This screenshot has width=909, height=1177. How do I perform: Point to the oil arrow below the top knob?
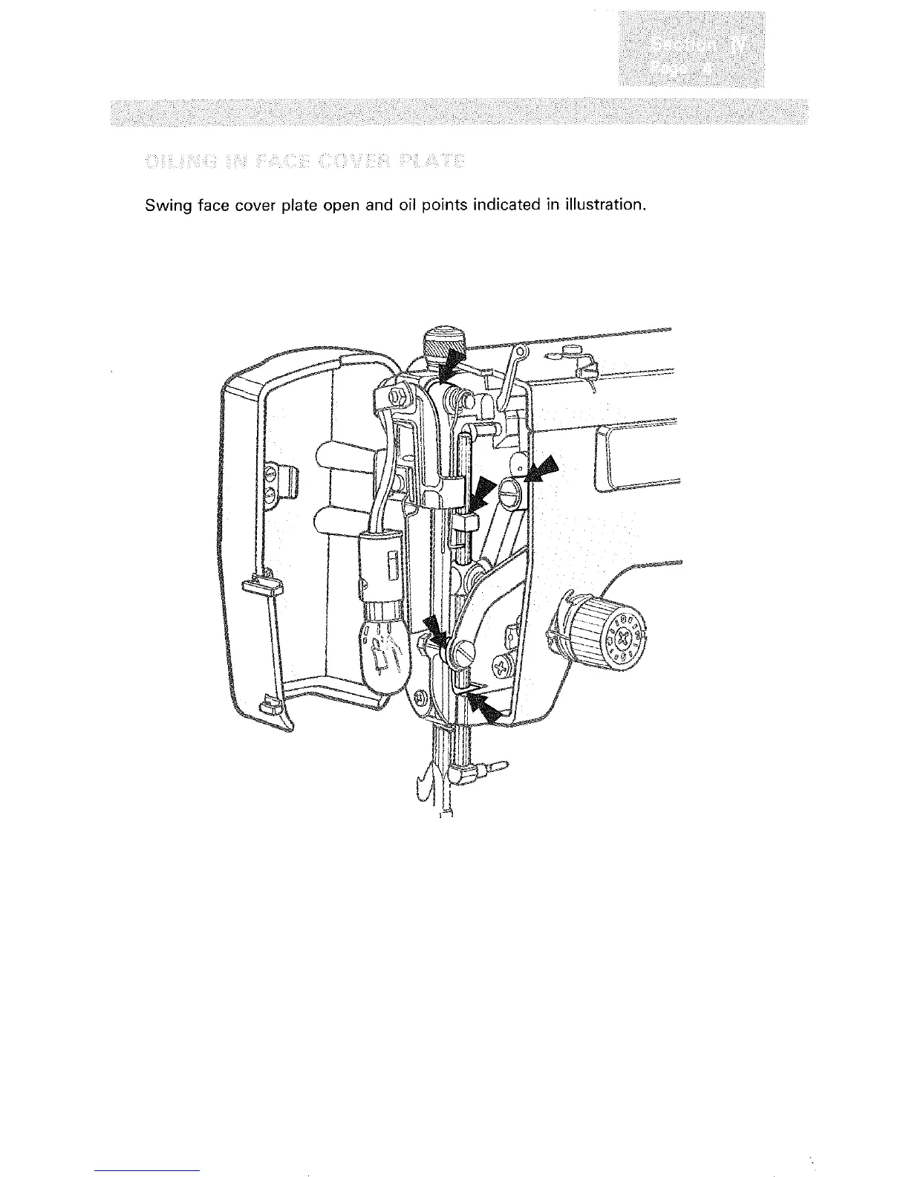(451, 366)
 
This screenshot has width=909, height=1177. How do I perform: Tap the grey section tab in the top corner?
(690, 51)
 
